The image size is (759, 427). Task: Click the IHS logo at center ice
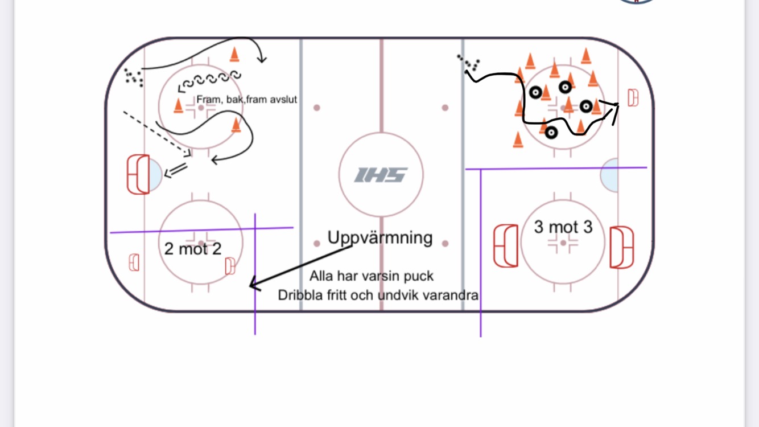pyautogui.click(x=381, y=175)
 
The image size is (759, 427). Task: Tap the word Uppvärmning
pyautogui.click(x=380, y=237)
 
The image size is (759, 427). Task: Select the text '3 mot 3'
pyautogui.click(x=563, y=227)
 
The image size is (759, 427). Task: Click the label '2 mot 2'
pyautogui.click(x=192, y=248)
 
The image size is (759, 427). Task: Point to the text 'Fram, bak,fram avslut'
pyautogui.click(x=247, y=99)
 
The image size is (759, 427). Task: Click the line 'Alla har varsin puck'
pyautogui.click(x=372, y=276)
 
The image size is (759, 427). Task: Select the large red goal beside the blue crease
pyautogui.click(x=138, y=174)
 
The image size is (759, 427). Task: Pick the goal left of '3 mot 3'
pyautogui.click(x=506, y=246)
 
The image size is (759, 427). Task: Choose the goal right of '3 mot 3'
pyautogui.click(x=621, y=247)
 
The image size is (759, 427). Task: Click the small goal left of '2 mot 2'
pyautogui.click(x=134, y=262)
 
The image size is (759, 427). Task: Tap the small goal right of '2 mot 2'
pyautogui.click(x=230, y=266)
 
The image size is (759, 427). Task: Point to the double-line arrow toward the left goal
pyautogui.click(x=176, y=170)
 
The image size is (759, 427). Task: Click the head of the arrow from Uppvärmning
pyautogui.click(x=253, y=283)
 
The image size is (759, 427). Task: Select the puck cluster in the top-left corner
pyautogui.click(x=134, y=77)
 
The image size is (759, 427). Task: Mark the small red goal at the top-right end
pyautogui.click(x=633, y=98)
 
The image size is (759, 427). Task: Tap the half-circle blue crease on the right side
pyautogui.click(x=610, y=175)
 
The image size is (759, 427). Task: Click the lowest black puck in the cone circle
pyautogui.click(x=551, y=132)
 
